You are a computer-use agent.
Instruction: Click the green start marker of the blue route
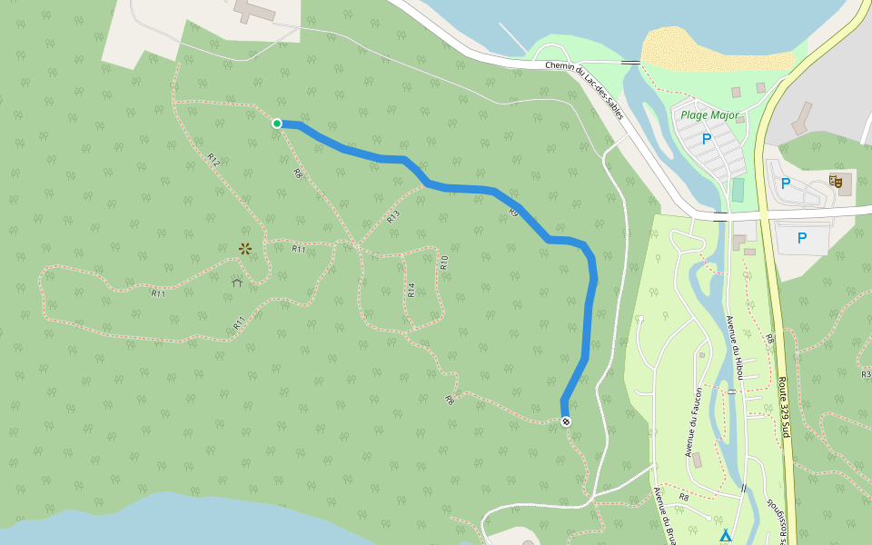pos(277,124)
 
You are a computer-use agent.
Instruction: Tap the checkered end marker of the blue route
pos(566,421)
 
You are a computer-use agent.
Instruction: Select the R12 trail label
pos(213,159)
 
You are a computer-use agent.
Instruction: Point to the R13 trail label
pos(392,216)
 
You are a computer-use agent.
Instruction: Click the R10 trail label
pos(444,263)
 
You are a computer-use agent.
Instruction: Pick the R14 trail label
pos(411,290)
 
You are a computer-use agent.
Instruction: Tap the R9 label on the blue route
pos(513,212)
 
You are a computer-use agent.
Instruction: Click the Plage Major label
pos(709,116)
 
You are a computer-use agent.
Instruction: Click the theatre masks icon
pos(837,182)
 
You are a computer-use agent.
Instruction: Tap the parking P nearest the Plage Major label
pos(706,139)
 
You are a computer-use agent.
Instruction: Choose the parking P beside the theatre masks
pos(786,183)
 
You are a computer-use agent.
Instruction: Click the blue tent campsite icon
pos(725,536)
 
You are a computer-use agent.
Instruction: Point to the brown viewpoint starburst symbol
pos(244,247)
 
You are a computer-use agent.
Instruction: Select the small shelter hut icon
pos(237,282)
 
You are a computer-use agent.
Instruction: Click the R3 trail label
pos(865,374)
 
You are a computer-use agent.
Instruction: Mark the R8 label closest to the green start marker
pos(297,173)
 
